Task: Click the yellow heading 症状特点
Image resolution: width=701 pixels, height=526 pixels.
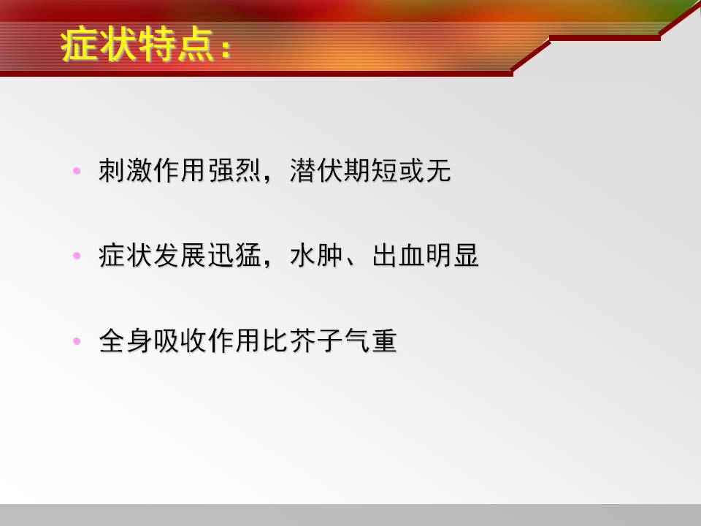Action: (x=137, y=45)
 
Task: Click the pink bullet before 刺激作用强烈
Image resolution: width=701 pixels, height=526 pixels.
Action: (x=77, y=171)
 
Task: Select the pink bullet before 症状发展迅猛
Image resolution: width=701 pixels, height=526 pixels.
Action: (x=77, y=256)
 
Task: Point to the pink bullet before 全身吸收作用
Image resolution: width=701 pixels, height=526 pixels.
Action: (x=77, y=341)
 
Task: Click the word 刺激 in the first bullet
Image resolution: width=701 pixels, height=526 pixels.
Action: (x=126, y=170)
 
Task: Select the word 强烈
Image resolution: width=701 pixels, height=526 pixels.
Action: (x=234, y=170)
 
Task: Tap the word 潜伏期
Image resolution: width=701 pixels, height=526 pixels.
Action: (x=330, y=170)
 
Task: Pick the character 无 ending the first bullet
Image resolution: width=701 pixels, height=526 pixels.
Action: (x=438, y=170)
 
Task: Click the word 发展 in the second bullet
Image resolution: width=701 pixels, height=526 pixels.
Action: (x=180, y=256)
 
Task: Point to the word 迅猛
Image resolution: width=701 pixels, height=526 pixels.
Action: (x=234, y=256)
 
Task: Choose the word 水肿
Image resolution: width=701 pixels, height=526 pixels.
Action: (x=316, y=256)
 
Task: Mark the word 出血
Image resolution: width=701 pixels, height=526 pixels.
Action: (x=399, y=256)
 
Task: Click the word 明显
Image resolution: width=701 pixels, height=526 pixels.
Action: (x=453, y=256)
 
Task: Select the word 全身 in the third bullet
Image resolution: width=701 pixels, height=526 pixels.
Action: (x=126, y=340)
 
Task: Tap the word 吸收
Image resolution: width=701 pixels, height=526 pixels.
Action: (x=180, y=340)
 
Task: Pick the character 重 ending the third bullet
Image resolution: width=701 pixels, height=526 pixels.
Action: (x=384, y=340)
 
